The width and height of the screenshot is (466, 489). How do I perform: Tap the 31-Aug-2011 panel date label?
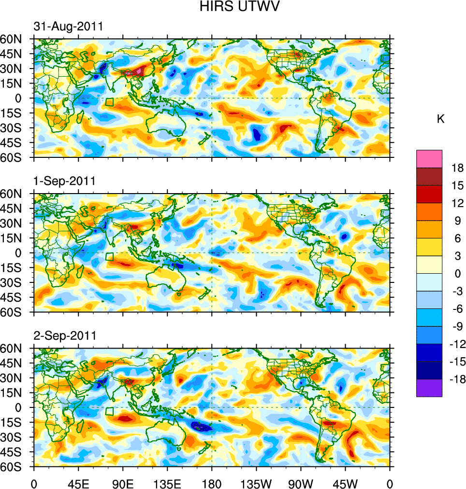pos(68,27)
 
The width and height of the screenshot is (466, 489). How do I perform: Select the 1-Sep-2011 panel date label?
pos(64,181)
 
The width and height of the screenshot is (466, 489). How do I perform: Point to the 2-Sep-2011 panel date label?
pos(64,335)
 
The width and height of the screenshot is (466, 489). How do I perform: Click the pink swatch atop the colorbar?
pos(429,158)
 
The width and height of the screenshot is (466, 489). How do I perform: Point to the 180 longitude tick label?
pos(212,483)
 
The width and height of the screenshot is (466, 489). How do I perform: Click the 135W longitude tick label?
pos(256,483)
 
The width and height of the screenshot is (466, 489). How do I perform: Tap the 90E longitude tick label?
pos(123,483)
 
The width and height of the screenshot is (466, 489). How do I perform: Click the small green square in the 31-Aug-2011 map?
pos(110,102)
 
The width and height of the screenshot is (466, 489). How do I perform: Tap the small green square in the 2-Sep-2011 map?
pos(110,411)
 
